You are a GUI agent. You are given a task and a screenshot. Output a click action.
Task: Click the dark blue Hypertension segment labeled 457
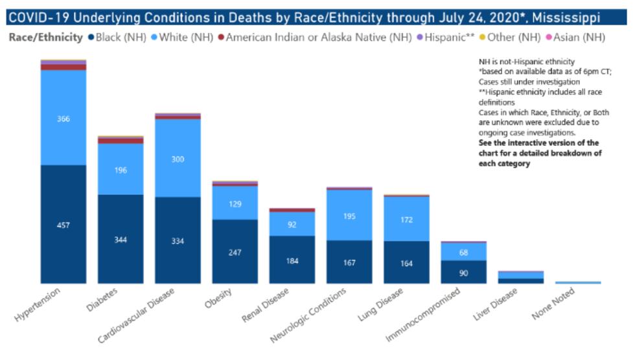tap(63, 225)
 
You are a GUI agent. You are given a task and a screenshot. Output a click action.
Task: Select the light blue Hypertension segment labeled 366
tap(63, 118)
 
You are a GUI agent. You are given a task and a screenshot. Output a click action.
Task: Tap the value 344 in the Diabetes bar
tap(121, 240)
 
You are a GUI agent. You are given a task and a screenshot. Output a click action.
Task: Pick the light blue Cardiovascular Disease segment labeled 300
tap(178, 159)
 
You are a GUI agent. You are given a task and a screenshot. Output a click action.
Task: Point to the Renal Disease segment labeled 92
tap(292, 225)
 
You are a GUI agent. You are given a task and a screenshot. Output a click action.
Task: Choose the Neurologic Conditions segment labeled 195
tap(349, 216)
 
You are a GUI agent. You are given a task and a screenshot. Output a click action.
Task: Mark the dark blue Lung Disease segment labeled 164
tap(406, 264)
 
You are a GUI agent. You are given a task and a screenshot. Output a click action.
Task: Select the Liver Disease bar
tap(520, 277)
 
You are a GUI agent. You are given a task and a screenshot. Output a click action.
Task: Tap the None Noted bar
tap(578, 282)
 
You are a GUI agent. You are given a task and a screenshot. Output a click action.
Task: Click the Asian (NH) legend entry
tap(577, 38)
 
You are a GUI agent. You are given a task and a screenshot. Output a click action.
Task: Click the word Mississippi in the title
tap(562, 16)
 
